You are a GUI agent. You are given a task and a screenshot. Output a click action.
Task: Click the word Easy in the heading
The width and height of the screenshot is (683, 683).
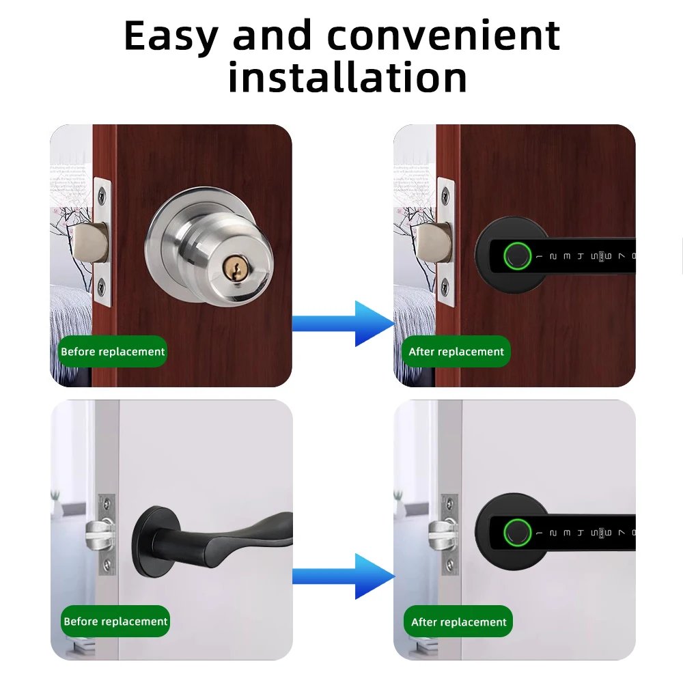tap(171, 38)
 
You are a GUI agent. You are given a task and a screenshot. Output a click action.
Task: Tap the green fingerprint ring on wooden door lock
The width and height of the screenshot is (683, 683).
tap(516, 257)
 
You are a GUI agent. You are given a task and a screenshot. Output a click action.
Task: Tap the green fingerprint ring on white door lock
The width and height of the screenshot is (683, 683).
tap(516, 531)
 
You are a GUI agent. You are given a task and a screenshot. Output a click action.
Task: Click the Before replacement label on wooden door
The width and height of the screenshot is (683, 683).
tap(113, 352)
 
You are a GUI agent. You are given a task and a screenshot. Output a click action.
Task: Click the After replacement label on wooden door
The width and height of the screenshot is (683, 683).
tap(456, 352)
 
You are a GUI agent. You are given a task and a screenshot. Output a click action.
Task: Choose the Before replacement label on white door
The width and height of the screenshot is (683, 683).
tap(115, 621)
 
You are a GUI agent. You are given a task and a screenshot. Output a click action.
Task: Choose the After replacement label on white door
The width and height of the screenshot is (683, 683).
tap(458, 622)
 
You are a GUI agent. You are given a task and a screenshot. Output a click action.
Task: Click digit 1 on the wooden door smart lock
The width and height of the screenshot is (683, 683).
tap(540, 257)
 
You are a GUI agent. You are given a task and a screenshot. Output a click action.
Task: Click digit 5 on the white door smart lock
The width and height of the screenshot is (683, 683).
tap(592, 531)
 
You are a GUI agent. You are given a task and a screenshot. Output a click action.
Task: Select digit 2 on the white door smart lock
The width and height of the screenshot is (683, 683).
tap(553, 531)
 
